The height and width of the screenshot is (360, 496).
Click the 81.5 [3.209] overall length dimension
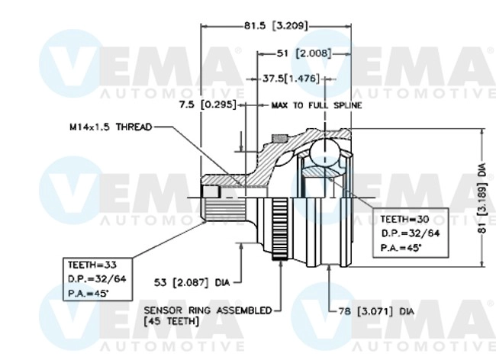(x=276, y=26)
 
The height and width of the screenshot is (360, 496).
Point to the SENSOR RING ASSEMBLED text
(x=208, y=310)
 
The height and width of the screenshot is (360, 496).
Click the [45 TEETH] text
(x=171, y=322)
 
